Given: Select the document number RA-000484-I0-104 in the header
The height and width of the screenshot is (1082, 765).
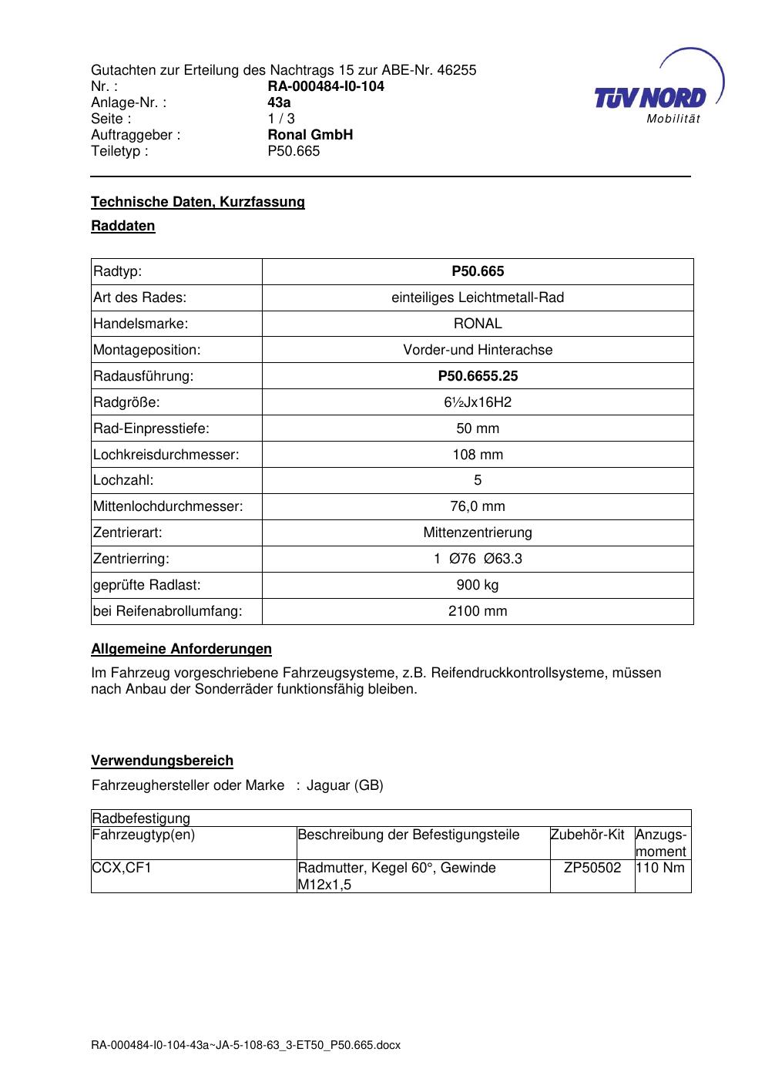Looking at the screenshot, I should click(325, 86).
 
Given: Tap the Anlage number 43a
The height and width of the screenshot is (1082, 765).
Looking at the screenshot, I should click(279, 102).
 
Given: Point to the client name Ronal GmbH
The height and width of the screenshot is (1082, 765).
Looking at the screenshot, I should click(310, 135).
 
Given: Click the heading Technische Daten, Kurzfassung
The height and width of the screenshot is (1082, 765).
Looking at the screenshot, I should click(198, 202).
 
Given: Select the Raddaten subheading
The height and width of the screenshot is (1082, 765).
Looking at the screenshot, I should click(123, 226).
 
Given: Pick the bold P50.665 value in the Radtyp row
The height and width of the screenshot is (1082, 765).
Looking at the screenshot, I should click(478, 271).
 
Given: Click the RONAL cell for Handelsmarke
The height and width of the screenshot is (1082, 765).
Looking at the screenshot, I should click(478, 324).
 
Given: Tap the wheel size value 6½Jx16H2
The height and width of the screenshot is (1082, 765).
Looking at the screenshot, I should click(478, 402).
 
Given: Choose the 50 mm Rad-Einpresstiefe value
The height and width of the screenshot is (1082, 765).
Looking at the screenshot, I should click(478, 428).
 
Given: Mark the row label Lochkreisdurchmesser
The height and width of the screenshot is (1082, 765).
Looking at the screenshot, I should click(166, 455).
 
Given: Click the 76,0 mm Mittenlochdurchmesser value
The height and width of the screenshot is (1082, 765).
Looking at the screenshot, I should click(478, 506).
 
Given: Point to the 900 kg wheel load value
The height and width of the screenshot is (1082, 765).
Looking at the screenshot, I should click(478, 585).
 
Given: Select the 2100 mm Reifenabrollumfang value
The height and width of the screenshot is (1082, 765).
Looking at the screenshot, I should click(478, 611).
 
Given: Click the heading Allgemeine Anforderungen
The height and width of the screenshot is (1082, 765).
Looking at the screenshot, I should click(182, 649).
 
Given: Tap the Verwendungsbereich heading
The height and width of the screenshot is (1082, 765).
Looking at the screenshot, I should click(163, 761).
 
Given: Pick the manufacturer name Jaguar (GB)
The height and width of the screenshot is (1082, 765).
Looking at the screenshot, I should click(344, 785).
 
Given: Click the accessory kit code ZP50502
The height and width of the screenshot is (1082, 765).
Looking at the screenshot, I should click(592, 868).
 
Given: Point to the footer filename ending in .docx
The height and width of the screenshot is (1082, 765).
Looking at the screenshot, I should click(246, 1046).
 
